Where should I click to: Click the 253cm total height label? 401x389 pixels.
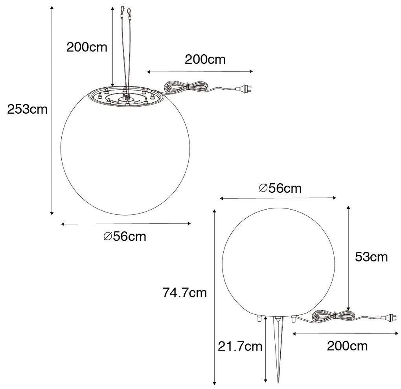(x=27, y=109)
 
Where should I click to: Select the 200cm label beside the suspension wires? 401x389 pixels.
(x=86, y=47)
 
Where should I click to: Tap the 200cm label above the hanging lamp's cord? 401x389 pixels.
(x=205, y=59)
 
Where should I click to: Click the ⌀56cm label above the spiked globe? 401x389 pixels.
(x=280, y=188)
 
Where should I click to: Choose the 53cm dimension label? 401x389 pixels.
(x=371, y=257)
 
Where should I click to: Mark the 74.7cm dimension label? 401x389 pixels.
(x=184, y=293)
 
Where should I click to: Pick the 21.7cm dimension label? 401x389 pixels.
(x=240, y=346)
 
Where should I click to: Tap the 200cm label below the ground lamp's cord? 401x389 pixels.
(x=347, y=346)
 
